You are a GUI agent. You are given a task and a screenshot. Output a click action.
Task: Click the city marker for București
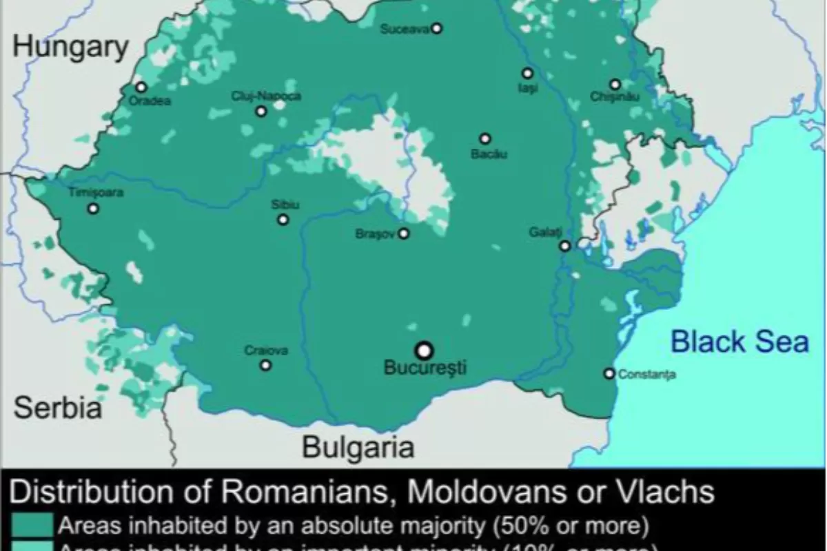point(425,349)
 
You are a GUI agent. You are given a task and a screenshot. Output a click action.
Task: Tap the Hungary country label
point(70,48)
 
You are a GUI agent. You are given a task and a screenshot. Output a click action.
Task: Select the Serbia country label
point(59,408)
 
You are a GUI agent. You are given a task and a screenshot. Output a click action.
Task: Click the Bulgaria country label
point(358,448)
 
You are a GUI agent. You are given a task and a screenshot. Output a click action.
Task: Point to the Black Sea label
point(739,342)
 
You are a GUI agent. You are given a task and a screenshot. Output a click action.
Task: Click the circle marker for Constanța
point(609,373)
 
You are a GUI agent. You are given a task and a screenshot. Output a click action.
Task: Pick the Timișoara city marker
point(93,208)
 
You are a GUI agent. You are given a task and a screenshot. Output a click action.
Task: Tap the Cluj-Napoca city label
point(266,96)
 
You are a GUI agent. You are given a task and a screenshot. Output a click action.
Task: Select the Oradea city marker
point(141,87)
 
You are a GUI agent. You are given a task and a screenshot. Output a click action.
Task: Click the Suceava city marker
point(436,28)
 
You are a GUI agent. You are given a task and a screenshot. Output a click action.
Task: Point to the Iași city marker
point(527,73)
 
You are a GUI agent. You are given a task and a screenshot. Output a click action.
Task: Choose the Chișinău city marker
point(615,85)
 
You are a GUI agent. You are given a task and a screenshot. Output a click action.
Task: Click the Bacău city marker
point(485,138)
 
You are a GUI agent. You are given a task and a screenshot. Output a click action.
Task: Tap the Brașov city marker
point(404,233)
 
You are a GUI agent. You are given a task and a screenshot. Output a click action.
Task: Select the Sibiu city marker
point(283,220)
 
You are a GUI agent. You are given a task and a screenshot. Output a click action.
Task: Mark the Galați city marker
point(565,246)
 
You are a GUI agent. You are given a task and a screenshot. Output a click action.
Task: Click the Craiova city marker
point(265,365)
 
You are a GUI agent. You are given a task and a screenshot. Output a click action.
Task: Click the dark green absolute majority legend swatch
point(32,526)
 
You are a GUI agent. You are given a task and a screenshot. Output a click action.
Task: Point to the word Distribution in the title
point(96,492)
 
